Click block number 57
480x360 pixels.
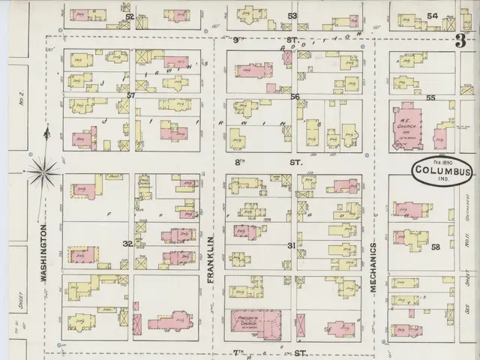[130, 95]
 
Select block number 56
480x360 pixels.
[295, 97]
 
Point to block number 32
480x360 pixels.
[127, 244]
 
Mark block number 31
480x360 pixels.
[292, 245]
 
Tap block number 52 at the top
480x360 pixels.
[130, 16]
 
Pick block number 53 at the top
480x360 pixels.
[292, 16]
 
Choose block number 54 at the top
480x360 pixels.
[432, 16]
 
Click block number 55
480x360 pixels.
[430, 97]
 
